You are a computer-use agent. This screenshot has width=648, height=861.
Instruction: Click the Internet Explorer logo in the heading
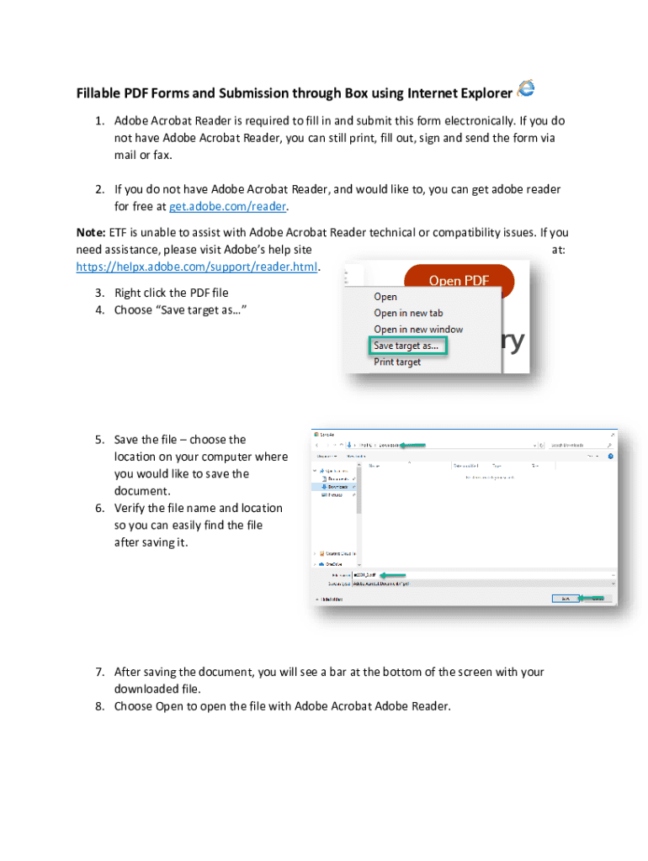(x=526, y=87)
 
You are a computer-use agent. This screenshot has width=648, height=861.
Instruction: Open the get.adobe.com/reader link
(x=228, y=207)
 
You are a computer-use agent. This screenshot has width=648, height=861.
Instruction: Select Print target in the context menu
(x=397, y=362)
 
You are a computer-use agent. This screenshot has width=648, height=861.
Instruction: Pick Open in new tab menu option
(x=408, y=313)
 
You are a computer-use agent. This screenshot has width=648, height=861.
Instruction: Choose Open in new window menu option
(x=418, y=330)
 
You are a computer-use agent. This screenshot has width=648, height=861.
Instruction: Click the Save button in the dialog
(x=565, y=599)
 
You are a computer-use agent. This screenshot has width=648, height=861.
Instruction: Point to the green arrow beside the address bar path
(x=413, y=445)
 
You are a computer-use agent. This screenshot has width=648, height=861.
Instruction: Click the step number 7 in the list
(x=98, y=672)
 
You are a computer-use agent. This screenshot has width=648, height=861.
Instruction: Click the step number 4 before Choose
(x=98, y=310)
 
